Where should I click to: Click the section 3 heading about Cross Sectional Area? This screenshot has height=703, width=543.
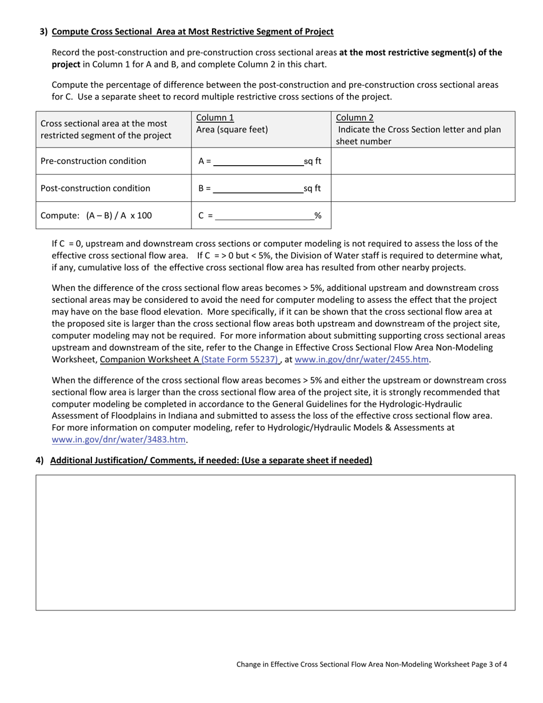pyautogui.click(x=193, y=31)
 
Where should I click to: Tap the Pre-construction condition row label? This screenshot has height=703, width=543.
pyautogui.click(x=93, y=161)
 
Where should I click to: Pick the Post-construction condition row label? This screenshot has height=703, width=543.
pyautogui.click(x=95, y=189)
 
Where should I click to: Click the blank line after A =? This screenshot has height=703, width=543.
pyautogui.click(x=258, y=162)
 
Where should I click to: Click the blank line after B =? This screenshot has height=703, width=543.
pyautogui.click(x=258, y=189)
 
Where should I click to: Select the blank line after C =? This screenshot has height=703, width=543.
pyautogui.click(x=264, y=216)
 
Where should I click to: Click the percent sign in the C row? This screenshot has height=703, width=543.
pyautogui.click(x=318, y=216)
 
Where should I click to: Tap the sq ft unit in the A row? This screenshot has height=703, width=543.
pyautogui.click(x=312, y=162)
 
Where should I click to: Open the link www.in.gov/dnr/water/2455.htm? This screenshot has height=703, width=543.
pyautogui.click(x=361, y=360)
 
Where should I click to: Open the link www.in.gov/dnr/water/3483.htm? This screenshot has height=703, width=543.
pyautogui.click(x=119, y=440)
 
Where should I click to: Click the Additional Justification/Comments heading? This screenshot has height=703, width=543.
pyautogui.click(x=211, y=461)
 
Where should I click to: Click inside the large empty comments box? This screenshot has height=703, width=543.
pyautogui.click(x=275, y=542)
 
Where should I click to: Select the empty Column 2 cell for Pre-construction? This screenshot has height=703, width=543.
pyautogui.click(x=422, y=161)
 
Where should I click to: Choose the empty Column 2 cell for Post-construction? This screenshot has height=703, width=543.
pyautogui.click(x=422, y=189)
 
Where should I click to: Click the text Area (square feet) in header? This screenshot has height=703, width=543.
pyautogui.click(x=231, y=130)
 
